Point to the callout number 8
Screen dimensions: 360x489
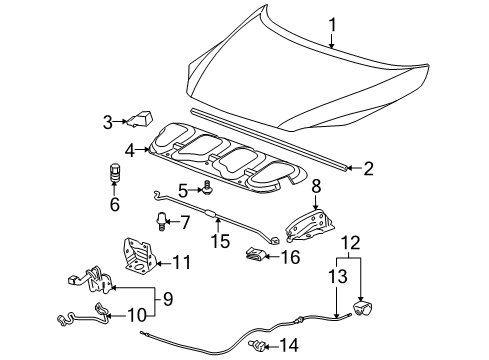point(315,185)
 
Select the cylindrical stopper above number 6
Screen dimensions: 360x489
point(113,173)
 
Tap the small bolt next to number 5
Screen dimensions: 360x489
point(207,185)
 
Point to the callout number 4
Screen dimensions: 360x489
point(130,150)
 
